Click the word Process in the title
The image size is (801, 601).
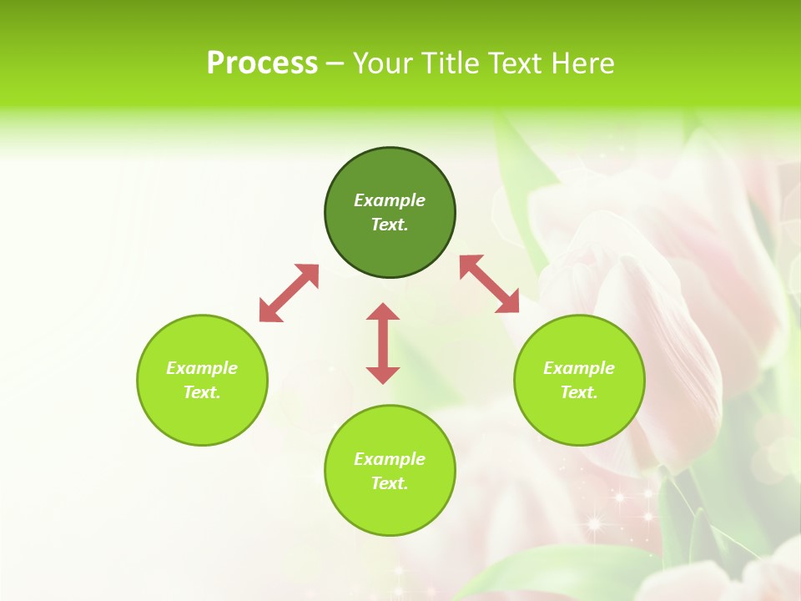(x=262, y=63)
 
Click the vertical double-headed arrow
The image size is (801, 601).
(x=383, y=344)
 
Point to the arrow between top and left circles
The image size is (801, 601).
(x=289, y=293)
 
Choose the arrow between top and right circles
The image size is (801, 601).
(x=490, y=284)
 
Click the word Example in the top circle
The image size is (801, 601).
(x=390, y=200)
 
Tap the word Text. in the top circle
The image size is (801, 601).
(x=390, y=225)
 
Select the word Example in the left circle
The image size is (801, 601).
(x=202, y=368)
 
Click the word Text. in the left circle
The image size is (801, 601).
(x=202, y=392)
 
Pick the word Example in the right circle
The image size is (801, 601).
(x=579, y=368)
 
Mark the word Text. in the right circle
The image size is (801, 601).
(x=579, y=392)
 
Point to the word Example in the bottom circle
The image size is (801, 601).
(x=390, y=459)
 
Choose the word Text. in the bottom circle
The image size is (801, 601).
(x=390, y=483)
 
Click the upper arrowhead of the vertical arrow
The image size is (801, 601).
(x=383, y=312)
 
